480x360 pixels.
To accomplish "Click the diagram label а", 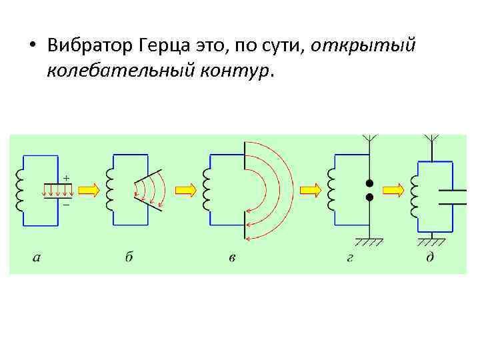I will click(36, 258).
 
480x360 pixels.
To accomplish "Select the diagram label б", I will click(129, 257).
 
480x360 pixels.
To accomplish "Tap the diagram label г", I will click(349, 258).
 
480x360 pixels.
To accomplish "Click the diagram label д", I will click(431, 257).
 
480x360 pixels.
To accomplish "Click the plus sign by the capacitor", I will click(67, 177).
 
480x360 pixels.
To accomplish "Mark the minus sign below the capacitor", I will click(67, 204).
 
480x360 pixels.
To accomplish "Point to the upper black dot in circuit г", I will click(368, 183).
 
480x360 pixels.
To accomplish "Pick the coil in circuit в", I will click(207, 189).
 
